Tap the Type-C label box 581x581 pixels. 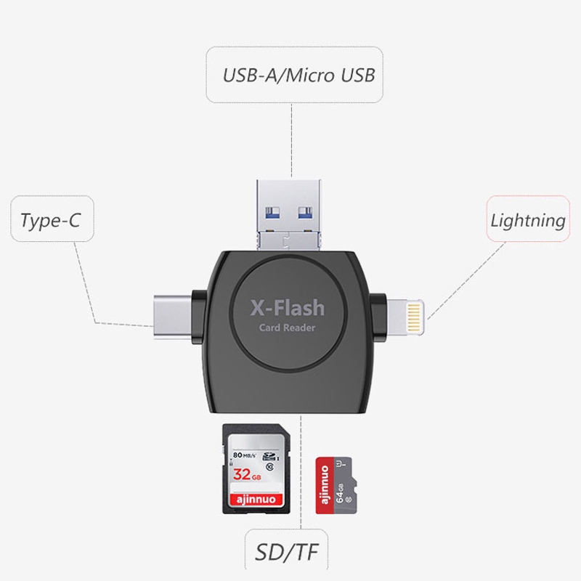(x=50, y=220)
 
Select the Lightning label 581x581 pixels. (x=528, y=220)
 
